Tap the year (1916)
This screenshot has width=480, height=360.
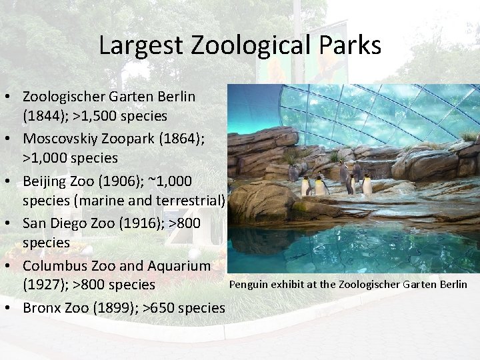click(x=142, y=223)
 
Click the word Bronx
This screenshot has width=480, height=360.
click(x=42, y=307)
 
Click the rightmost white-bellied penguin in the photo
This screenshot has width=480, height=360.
click(x=367, y=183)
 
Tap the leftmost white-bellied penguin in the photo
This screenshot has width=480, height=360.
click(x=306, y=186)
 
